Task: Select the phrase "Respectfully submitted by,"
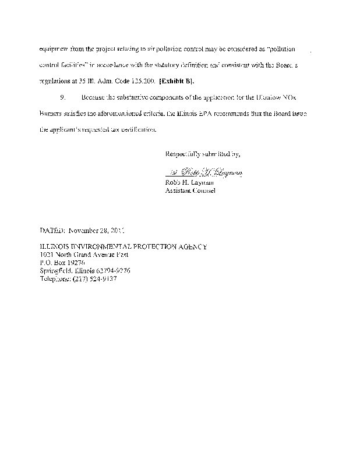(x=202, y=154)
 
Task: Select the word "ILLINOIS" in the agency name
(x=56, y=246)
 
